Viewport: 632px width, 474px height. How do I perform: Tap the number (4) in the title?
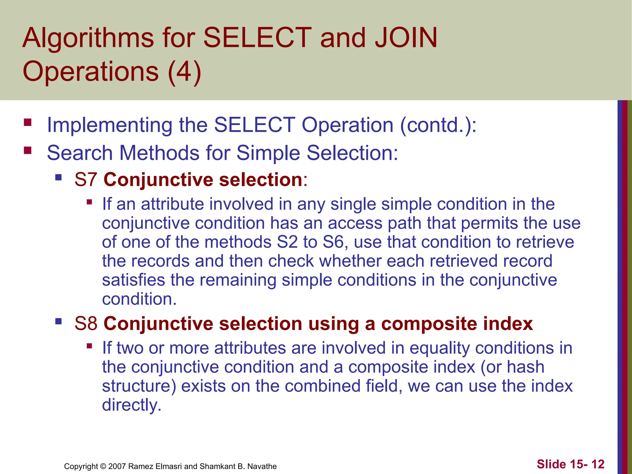[184, 71]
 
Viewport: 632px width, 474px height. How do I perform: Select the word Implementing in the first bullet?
[109, 125]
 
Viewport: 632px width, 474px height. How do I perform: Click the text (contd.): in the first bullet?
[438, 125]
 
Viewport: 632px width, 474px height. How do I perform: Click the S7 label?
[86, 180]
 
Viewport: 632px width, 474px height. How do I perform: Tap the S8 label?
[86, 324]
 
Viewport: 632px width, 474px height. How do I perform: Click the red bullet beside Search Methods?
[28, 151]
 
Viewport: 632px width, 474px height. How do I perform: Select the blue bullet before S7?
[58, 177]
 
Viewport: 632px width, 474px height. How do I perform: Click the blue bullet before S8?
[58, 322]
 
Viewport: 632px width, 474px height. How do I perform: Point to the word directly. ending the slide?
[132, 405]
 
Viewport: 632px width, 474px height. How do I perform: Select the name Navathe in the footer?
[262, 466]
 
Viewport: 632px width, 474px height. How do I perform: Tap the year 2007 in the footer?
[117, 466]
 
